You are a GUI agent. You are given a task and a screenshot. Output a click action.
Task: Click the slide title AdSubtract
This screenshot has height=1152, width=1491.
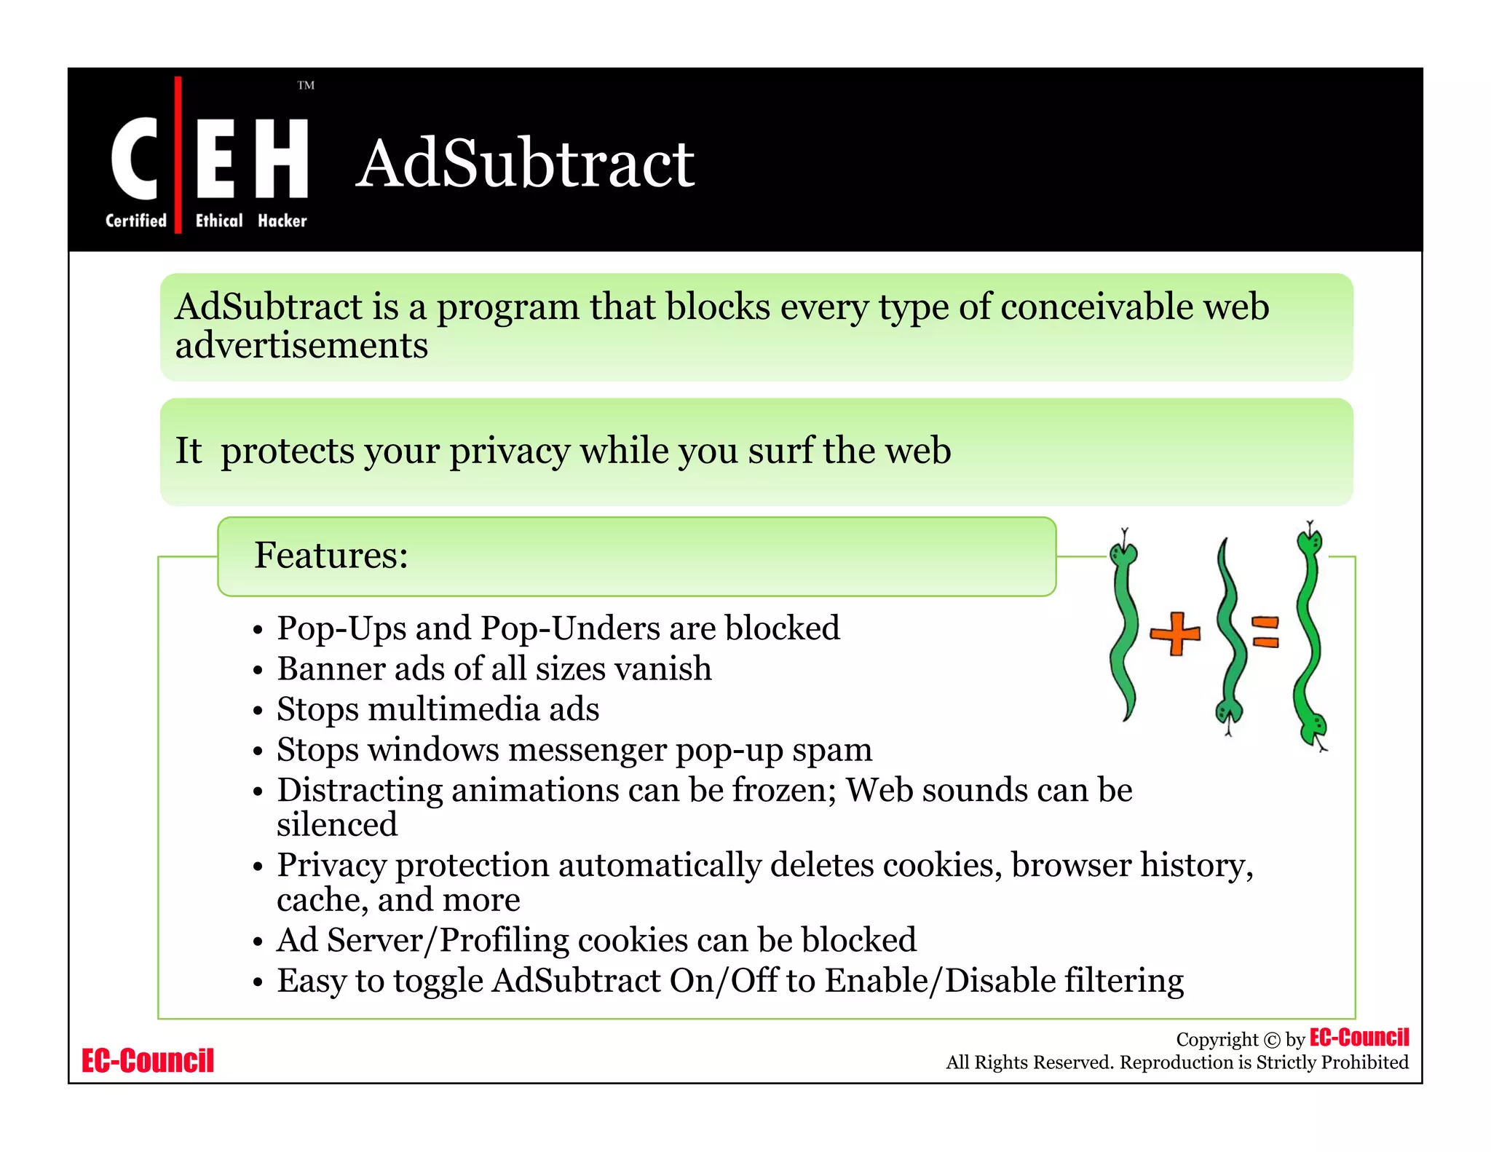(525, 164)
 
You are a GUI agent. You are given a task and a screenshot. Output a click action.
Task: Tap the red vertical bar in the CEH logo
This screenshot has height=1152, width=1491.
(178, 154)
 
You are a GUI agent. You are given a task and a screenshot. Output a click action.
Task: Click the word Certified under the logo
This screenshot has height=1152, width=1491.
(135, 221)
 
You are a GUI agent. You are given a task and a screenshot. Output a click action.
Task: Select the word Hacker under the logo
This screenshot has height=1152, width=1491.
(282, 221)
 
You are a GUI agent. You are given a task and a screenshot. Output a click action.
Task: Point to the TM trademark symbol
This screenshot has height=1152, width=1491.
(306, 85)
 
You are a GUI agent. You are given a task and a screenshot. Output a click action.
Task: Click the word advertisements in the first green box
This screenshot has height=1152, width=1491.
(301, 346)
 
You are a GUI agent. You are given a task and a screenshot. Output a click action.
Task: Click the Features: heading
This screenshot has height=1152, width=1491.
(331, 556)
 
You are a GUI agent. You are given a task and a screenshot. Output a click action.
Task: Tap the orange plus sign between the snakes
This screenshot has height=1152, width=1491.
(1175, 633)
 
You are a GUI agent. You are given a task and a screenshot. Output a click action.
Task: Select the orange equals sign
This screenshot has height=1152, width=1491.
(1265, 631)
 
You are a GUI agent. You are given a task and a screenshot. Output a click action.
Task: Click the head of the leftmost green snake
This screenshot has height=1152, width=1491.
(1123, 553)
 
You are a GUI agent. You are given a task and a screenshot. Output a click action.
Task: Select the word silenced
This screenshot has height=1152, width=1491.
(337, 825)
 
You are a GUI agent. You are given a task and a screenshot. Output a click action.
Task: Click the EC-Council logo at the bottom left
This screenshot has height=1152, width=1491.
(148, 1061)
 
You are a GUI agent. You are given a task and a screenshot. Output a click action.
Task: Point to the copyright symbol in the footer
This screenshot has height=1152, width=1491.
(1271, 1041)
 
